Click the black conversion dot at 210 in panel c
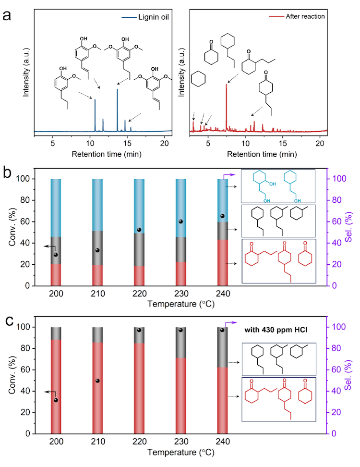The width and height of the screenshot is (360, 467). (x=97, y=381)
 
